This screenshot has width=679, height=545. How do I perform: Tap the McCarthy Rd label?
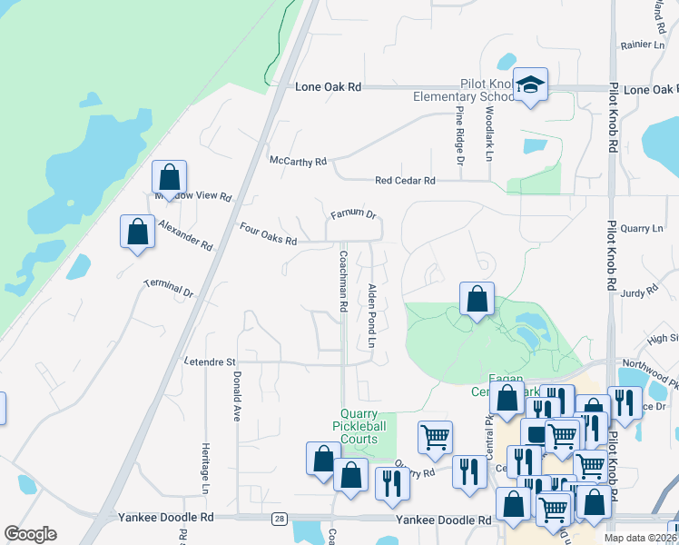tap(298, 161)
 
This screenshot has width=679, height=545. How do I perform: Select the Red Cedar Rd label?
tap(405, 181)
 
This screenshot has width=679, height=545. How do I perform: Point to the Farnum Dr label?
tap(353, 214)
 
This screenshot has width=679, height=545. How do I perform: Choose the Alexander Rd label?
tap(185, 234)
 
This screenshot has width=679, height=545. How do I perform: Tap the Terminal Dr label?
tap(169, 289)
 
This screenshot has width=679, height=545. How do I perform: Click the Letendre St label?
tap(212, 362)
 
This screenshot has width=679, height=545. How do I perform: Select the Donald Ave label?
tap(236, 395)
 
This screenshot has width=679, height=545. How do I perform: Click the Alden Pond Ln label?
tap(371, 316)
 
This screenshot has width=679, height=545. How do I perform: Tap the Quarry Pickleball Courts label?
tap(353, 426)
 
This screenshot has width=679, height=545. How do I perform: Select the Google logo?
tap(30, 534)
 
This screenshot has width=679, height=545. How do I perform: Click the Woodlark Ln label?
tap(488, 134)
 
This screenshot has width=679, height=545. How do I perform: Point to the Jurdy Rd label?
tap(640, 292)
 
